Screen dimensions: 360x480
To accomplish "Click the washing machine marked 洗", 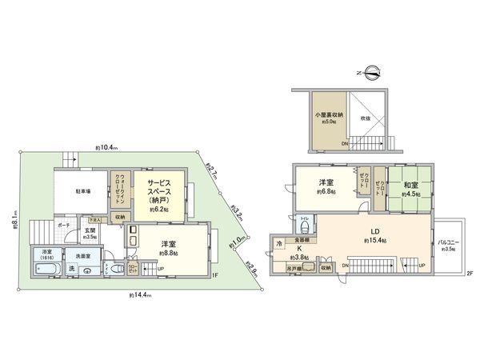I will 71,267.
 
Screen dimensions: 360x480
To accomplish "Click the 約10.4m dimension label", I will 107,148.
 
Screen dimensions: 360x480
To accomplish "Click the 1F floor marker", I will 215,277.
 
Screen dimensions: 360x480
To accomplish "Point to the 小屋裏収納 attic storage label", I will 327,117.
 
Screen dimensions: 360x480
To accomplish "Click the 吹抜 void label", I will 366,118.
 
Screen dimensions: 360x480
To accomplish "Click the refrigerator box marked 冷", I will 279,242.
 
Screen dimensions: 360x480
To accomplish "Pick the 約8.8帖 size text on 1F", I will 168,254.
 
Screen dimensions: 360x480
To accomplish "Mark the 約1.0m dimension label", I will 237,240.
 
